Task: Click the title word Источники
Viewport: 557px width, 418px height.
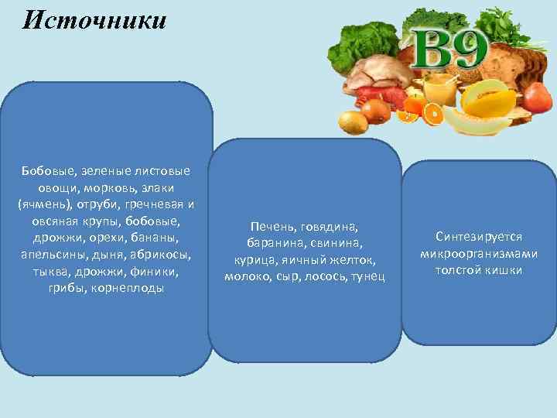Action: [94, 20]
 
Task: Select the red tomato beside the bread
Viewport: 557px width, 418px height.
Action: [537, 96]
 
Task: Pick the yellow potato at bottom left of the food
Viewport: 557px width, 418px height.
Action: [354, 122]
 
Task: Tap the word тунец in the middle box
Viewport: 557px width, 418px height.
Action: [367, 276]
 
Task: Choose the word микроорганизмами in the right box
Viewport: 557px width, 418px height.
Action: [479, 253]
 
